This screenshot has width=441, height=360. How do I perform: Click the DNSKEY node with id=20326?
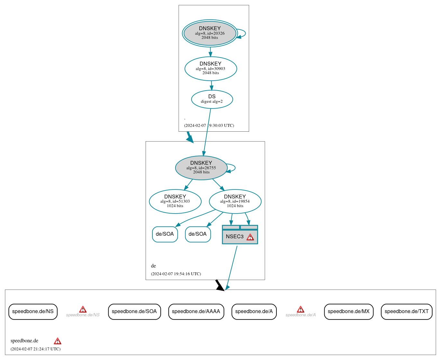[210, 33]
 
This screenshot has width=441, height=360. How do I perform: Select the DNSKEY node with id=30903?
[211, 68]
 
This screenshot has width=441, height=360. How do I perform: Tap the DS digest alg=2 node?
[212, 99]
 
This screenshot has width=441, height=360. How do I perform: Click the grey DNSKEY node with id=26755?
[201, 168]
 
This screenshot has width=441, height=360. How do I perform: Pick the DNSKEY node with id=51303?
[175, 201]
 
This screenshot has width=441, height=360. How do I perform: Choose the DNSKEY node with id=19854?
[235, 201]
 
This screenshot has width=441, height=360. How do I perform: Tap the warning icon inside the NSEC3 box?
[250, 237]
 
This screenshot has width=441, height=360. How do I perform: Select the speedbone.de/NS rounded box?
[33, 312]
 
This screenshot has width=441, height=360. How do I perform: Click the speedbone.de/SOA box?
[134, 312]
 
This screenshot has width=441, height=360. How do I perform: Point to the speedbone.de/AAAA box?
[196, 312]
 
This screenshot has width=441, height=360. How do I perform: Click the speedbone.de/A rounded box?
[254, 312]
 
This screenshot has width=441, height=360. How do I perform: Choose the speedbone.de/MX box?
[349, 312]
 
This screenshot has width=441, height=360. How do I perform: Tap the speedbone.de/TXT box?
[407, 312]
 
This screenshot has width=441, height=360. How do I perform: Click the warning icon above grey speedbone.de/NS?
[83, 309]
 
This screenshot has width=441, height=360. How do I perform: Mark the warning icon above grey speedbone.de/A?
[301, 309]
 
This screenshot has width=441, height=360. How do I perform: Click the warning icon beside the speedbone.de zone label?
[58, 341]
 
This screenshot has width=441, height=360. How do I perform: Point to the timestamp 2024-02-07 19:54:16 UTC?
[176, 274]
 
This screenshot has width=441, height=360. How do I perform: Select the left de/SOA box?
[165, 234]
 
